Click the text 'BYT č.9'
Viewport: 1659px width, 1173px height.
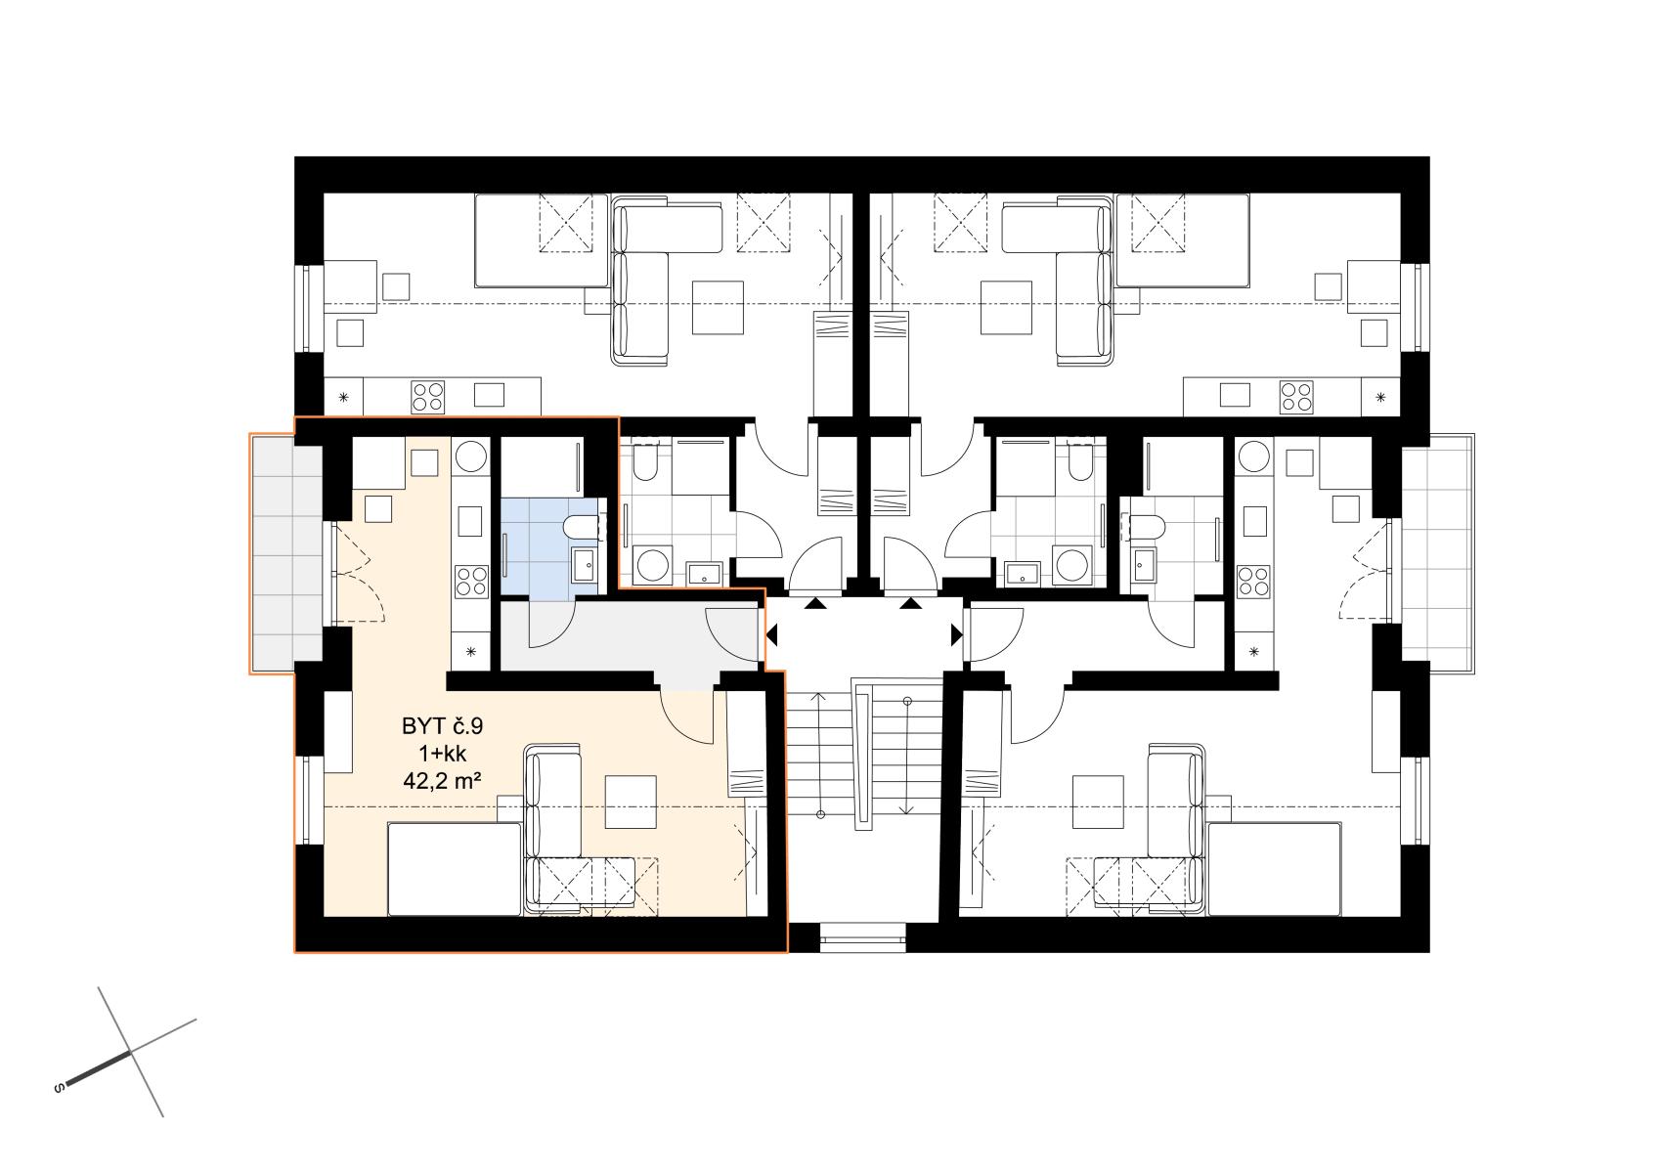(442, 726)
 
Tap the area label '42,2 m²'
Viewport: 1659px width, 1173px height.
(442, 780)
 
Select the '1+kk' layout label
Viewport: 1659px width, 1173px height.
(442, 754)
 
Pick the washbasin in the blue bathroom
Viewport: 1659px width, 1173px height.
(585, 566)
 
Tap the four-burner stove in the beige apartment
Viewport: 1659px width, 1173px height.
(471, 582)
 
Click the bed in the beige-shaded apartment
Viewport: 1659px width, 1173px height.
(455, 869)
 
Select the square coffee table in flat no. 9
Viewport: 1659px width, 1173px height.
(631, 802)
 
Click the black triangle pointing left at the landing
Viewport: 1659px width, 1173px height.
(771, 634)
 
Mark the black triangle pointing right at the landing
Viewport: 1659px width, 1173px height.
(957, 634)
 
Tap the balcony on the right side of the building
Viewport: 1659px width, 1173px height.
(1437, 553)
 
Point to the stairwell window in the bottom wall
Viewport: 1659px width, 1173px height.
(863, 936)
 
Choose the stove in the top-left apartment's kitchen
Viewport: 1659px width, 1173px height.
(428, 397)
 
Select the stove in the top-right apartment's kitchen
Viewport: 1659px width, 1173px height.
(1296, 397)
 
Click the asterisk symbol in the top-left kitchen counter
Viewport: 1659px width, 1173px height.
(344, 398)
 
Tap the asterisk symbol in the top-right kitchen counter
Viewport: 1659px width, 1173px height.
(1380, 398)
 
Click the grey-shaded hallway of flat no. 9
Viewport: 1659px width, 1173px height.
(630, 637)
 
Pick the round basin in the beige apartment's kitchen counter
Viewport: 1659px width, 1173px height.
(471, 456)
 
